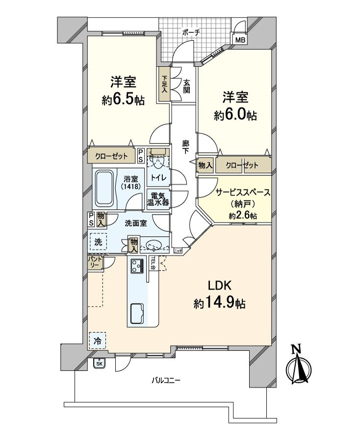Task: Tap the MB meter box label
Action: [240, 40]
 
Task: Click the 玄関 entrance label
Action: [187, 87]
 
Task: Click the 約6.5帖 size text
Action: [123, 100]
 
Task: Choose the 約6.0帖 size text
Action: [235, 115]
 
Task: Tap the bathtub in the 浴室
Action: [104, 188]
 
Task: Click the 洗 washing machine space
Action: [98, 242]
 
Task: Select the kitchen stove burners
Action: [136, 266]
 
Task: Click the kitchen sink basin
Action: [137, 312]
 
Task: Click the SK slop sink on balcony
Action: [99, 363]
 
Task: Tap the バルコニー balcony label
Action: [165, 380]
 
